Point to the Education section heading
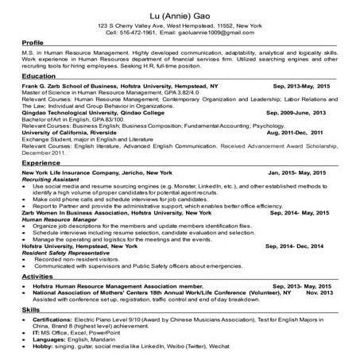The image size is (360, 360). [x=39, y=75]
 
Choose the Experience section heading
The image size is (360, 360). [x=41, y=184]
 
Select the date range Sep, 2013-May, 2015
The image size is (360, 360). [x=301, y=83]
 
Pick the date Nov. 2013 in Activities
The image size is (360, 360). [x=317, y=292]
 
